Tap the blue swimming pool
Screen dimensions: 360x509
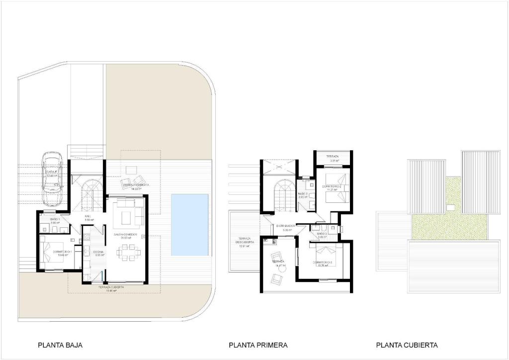(x=189, y=225)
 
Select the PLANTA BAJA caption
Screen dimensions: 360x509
(x=60, y=345)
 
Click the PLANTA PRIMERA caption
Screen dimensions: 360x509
(x=258, y=345)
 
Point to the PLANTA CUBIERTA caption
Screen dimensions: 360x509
(x=407, y=345)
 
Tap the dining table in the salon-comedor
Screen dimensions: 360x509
(x=125, y=254)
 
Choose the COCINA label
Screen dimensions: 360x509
(x=98, y=252)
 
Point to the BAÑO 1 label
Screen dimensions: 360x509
(x=55, y=219)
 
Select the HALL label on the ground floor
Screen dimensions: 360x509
(x=87, y=217)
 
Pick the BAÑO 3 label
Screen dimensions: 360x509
(x=321, y=233)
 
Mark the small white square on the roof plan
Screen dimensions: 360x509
(x=451, y=207)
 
